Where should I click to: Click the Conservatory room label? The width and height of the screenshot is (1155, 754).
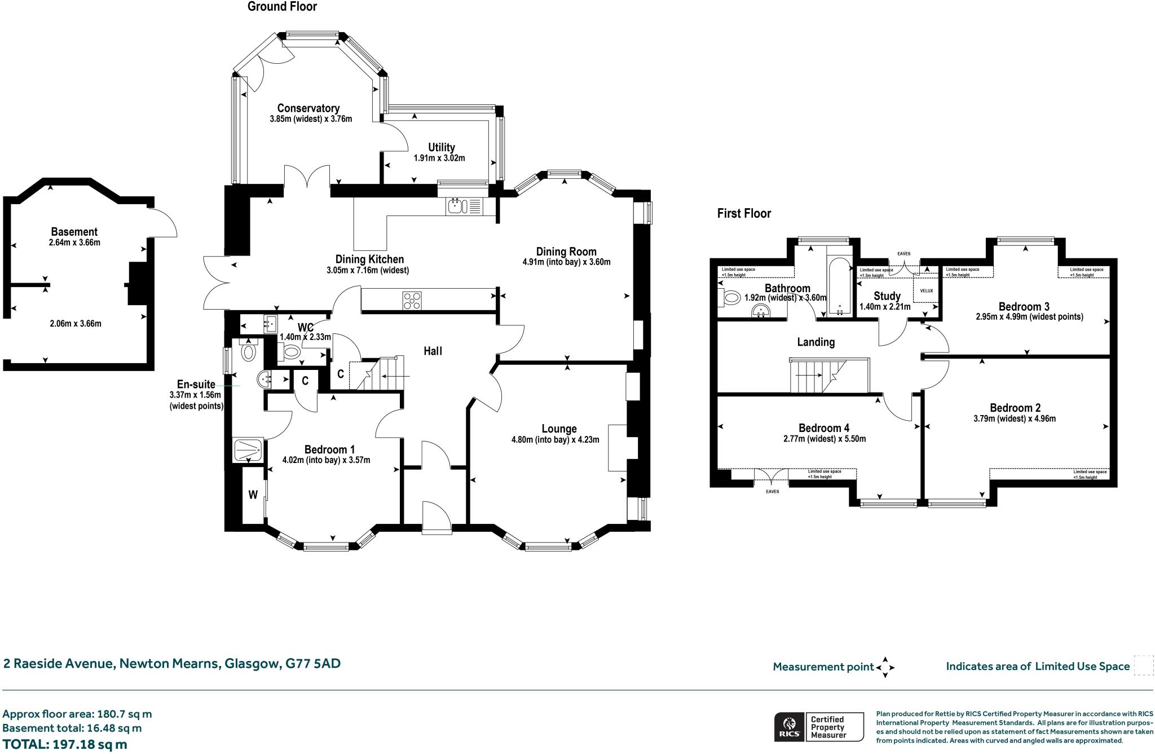308,108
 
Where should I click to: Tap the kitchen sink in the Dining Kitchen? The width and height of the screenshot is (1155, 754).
456,206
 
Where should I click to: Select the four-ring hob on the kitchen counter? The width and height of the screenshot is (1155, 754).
411,300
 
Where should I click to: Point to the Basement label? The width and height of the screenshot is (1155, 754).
74,231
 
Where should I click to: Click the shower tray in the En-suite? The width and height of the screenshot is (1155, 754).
248,450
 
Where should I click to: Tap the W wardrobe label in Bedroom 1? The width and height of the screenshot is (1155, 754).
253,495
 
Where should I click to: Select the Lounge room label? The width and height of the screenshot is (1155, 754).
559,429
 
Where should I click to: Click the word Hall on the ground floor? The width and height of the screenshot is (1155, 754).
433,351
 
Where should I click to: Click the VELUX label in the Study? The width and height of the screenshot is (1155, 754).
927,291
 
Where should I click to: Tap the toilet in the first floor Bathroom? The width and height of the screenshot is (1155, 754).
730,297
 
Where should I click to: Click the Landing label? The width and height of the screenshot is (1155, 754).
815,342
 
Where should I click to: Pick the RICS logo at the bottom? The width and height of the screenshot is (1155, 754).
788,727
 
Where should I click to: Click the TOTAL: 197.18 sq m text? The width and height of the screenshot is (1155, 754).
65,744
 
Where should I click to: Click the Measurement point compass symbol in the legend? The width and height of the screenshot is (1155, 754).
884,667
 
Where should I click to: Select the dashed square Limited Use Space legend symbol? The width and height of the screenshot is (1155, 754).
1143,665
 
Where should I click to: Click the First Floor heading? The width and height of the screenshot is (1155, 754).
743,213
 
